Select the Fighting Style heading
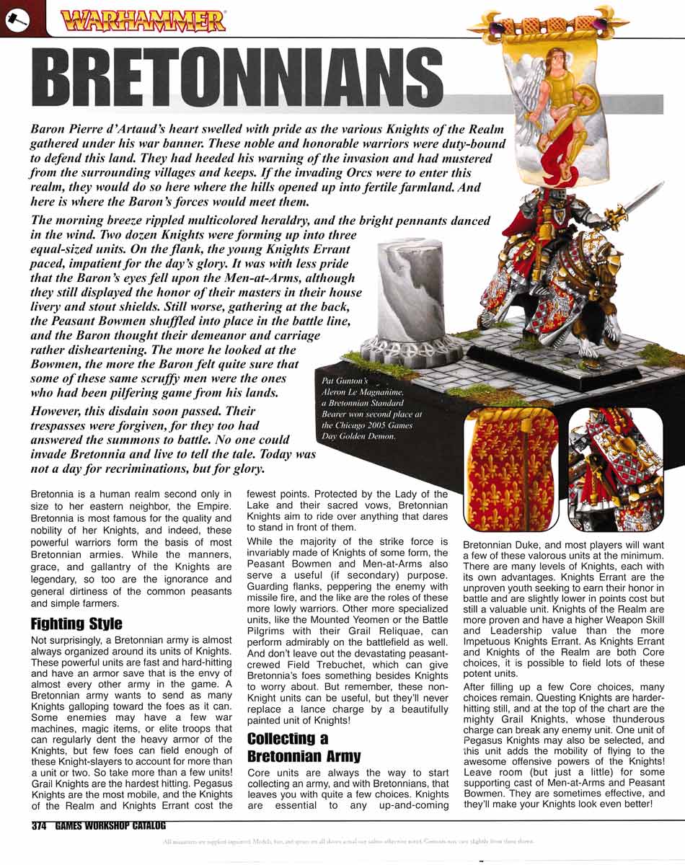point(76,624)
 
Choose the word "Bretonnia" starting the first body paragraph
point(56,494)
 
